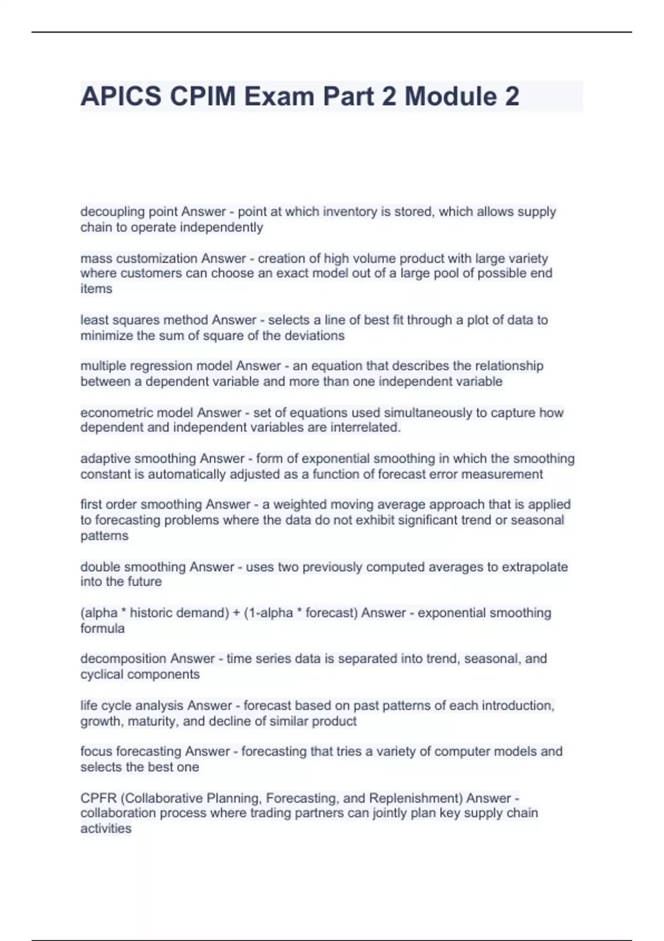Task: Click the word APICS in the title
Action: (121, 96)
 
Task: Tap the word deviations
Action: (317, 335)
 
